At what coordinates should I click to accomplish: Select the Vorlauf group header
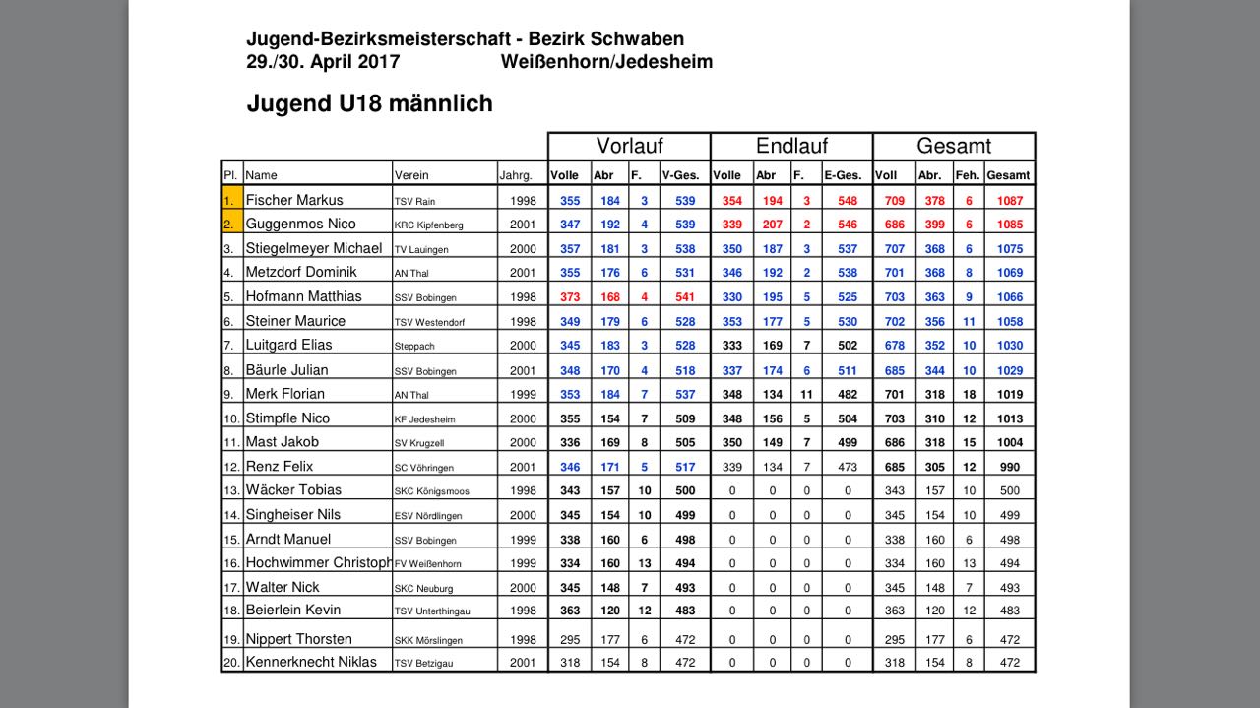(x=629, y=147)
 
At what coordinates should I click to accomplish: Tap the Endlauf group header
(x=791, y=147)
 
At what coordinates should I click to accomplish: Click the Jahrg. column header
(x=516, y=175)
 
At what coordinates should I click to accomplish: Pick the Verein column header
(x=411, y=175)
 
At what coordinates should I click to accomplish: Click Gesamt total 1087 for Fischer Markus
(x=1009, y=200)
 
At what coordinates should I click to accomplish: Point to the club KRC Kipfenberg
(x=428, y=225)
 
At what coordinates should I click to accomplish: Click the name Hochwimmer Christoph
(x=318, y=563)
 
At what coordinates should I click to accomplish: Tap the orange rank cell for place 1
(x=232, y=200)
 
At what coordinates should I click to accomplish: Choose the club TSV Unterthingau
(x=432, y=611)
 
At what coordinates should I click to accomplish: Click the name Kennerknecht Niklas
(x=311, y=662)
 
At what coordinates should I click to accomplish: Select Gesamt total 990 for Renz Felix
(x=1009, y=467)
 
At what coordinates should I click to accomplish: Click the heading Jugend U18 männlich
(x=369, y=103)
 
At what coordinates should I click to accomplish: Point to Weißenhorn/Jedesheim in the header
(x=606, y=62)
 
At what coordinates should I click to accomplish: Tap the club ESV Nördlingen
(x=426, y=515)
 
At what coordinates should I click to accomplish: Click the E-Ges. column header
(x=843, y=175)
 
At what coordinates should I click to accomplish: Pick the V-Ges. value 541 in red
(x=685, y=296)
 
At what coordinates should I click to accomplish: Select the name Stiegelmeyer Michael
(x=314, y=248)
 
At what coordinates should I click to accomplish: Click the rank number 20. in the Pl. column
(x=232, y=662)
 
